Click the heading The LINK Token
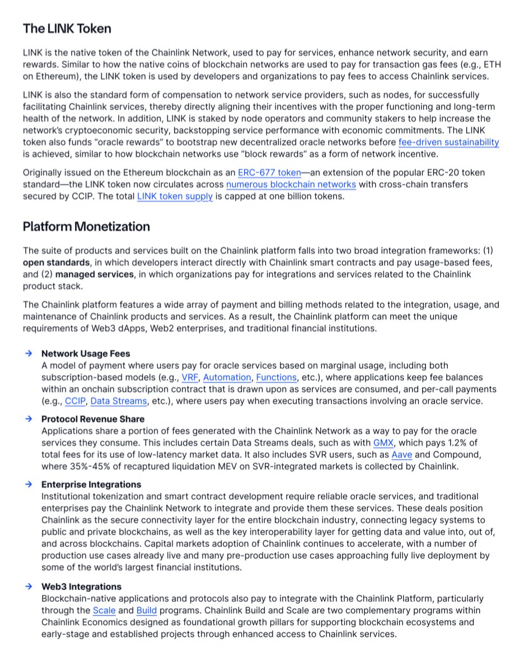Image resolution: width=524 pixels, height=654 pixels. click(x=67, y=29)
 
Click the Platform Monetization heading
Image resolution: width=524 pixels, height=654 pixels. click(x=86, y=227)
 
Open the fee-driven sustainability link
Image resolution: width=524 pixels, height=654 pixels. click(x=448, y=142)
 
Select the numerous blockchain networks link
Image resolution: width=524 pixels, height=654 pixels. click(x=291, y=184)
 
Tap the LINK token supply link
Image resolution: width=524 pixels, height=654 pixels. click(x=175, y=197)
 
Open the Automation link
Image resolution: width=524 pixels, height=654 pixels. click(x=227, y=378)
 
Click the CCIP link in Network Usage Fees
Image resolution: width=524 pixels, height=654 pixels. click(x=75, y=401)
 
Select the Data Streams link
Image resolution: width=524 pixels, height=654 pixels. click(x=119, y=401)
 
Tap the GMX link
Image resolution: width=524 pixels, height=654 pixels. click(x=384, y=443)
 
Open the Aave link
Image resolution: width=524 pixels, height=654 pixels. click(x=401, y=454)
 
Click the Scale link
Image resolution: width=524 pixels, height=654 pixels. click(x=104, y=611)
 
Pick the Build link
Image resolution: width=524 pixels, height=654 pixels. click(x=147, y=611)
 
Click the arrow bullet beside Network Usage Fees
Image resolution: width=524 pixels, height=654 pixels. click(x=28, y=354)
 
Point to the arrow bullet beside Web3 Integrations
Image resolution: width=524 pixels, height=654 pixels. click(x=28, y=587)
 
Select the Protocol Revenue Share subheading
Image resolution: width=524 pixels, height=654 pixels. click(x=93, y=419)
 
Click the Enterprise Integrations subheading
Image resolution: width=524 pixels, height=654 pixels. click(x=91, y=485)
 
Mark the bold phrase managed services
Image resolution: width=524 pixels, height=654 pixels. click(x=95, y=274)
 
